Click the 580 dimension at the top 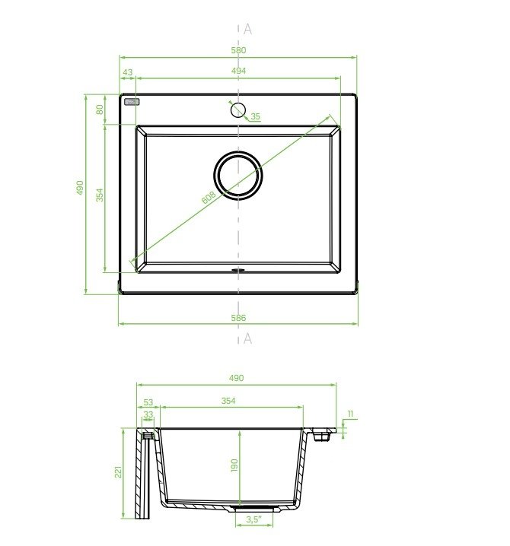(x=238, y=50)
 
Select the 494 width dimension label (x=238, y=71)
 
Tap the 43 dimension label (x=128, y=72)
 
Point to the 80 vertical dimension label (x=100, y=110)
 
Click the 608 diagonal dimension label (x=209, y=198)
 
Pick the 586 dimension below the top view (x=238, y=318)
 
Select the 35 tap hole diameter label (x=256, y=116)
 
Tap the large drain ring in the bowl (x=238, y=152)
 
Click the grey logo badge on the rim (x=132, y=102)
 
